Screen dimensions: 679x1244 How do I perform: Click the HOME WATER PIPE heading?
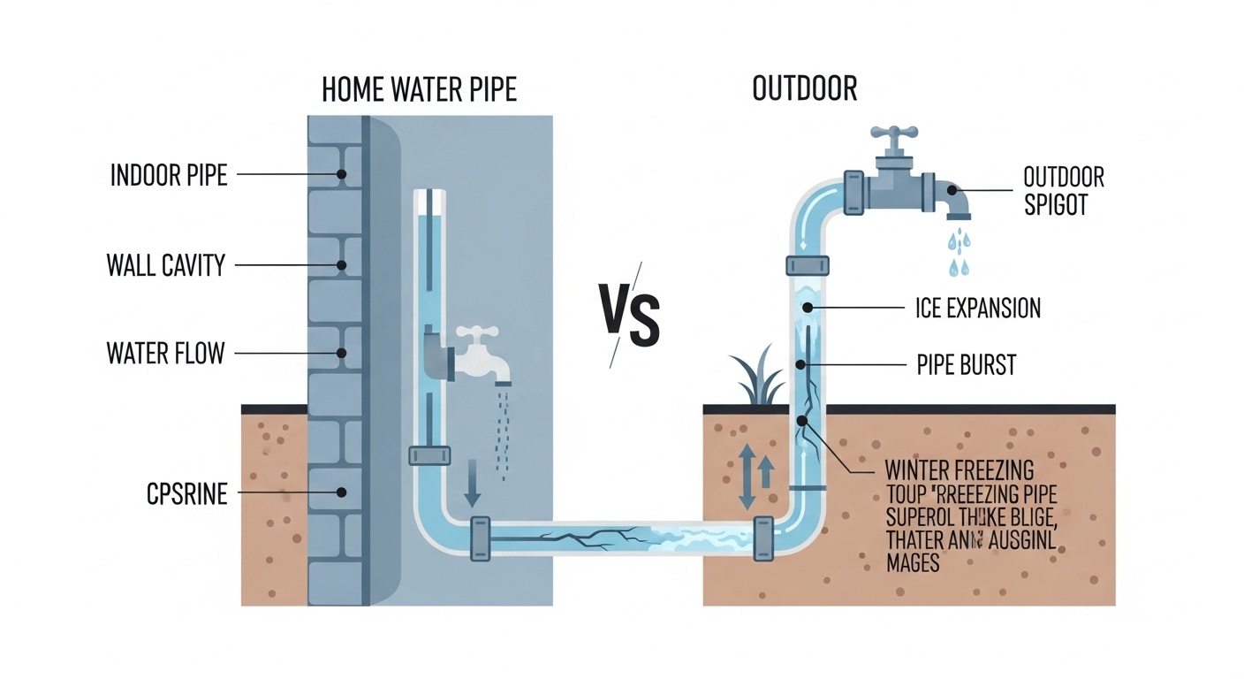[419, 89]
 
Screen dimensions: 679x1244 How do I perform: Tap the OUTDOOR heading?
[805, 89]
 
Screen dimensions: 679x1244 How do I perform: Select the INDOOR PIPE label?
[169, 175]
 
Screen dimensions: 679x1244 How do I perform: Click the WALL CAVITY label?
[166, 264]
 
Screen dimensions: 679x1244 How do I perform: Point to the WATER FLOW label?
[165, 353]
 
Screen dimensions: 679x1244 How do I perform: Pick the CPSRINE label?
[186, 493]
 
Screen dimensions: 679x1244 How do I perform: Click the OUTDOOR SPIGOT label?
[1064, 190]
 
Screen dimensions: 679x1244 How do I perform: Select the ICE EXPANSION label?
[978, 308]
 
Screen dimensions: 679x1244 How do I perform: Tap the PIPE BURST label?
[967, 364]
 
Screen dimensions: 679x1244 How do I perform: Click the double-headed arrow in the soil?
[747, 477]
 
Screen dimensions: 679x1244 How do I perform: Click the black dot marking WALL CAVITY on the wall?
[342, 264]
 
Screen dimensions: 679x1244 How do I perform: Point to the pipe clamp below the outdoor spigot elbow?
[808, 265]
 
